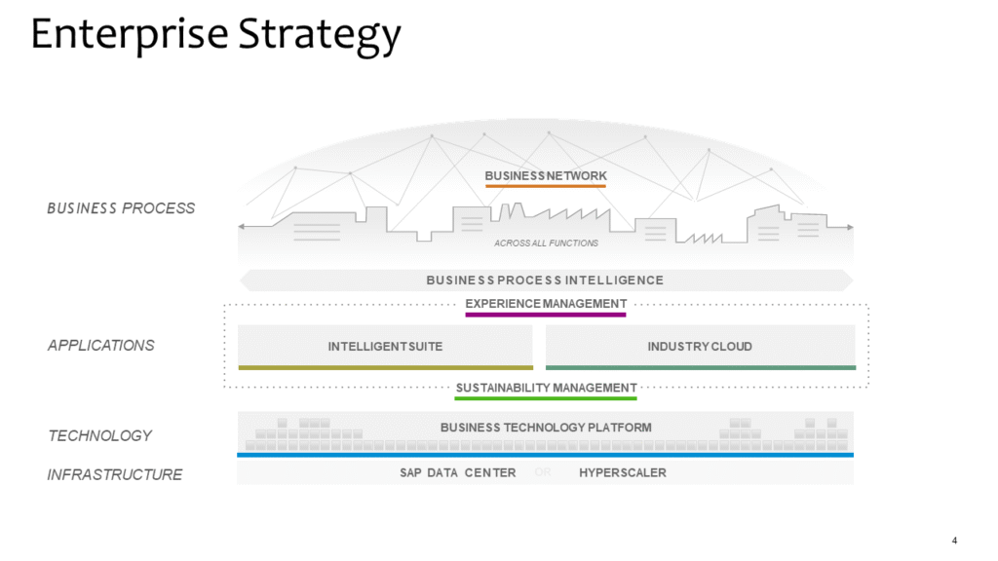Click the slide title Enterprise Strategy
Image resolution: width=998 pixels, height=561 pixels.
215,35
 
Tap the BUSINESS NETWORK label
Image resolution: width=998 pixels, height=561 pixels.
546,175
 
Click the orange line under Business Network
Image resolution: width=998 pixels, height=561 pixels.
546,185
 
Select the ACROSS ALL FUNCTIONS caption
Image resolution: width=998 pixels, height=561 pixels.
546,243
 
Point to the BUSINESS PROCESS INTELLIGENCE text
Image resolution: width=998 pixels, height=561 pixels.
545,280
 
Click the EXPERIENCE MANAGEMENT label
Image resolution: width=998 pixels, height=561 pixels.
546,304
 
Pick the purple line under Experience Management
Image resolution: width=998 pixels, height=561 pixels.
546,315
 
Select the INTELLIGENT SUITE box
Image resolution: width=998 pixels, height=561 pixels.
385,346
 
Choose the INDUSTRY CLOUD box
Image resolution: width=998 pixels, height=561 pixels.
700,346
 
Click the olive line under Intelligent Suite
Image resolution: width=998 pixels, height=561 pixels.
385,367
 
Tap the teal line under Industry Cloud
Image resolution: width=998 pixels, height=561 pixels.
700,367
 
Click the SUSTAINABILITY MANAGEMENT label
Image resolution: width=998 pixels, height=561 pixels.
546,388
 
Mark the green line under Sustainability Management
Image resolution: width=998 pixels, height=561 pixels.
546,398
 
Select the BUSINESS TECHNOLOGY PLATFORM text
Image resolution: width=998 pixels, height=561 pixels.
546,428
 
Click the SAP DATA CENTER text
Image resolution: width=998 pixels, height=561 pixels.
458,473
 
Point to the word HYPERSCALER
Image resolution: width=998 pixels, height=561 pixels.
623,473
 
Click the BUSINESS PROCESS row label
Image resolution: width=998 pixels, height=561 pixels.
121,208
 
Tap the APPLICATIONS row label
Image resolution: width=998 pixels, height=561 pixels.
101,346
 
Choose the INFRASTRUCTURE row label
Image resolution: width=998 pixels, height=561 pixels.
115,475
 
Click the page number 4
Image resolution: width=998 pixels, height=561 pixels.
954,541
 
